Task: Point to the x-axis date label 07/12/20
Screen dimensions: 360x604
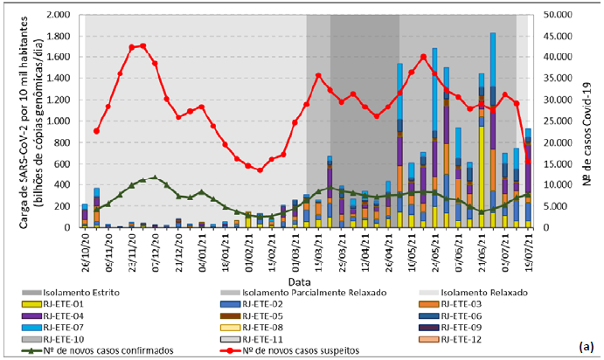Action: click(x=156, y=246)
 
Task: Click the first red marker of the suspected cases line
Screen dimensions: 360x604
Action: click(x=96, y=131)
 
